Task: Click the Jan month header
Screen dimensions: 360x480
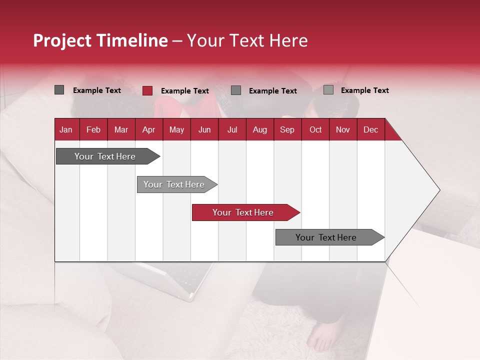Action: point(66,129)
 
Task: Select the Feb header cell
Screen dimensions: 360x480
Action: point(93,129)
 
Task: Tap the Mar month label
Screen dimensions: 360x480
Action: point(121,129)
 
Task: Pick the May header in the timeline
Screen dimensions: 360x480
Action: point(176,129)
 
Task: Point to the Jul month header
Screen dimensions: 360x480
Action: point(232,129)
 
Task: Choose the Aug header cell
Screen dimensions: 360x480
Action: point(259,129)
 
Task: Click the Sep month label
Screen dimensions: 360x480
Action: point(287,129)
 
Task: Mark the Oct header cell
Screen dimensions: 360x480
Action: point(315,129)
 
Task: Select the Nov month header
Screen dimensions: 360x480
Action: point(343,129)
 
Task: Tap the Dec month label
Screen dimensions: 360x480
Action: point(370,129)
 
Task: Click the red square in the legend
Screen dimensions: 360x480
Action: point(147,90)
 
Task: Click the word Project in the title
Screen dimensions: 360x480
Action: point(62,40)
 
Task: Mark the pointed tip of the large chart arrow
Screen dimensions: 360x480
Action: point(438,190)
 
